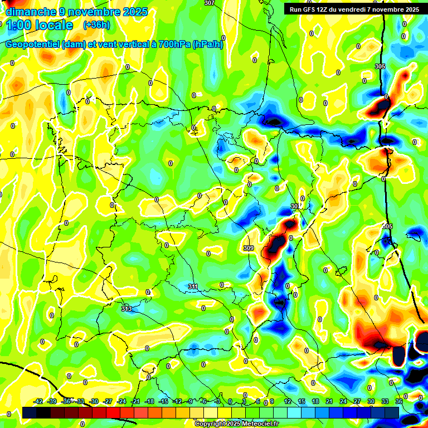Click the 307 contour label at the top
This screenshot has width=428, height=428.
[x=209, y=3]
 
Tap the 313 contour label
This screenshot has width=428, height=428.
[x=127, y=308]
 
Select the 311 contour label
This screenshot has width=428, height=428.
[x=193, y=286]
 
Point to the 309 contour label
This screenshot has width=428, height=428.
[x=249, y=247]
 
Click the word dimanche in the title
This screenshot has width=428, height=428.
[x=30, y=12]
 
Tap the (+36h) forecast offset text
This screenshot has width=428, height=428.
[x=96, y=25]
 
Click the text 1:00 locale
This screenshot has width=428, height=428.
[x=38, y=26]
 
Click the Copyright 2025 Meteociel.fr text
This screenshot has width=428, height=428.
[x=236, y=424]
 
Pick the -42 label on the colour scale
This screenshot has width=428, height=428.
[x=38, y=401]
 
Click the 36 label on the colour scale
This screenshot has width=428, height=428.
[x=399, y=401]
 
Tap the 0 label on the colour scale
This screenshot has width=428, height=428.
[x=231, y=401]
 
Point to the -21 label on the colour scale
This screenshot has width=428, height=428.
[x=135, y=401]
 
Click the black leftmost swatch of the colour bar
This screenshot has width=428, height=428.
[x=30, y=412]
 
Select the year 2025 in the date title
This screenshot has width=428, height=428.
[x=136, y=12]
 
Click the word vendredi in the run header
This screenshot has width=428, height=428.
[x=373, y=9]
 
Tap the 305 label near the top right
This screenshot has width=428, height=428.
[x=380, y=66]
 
